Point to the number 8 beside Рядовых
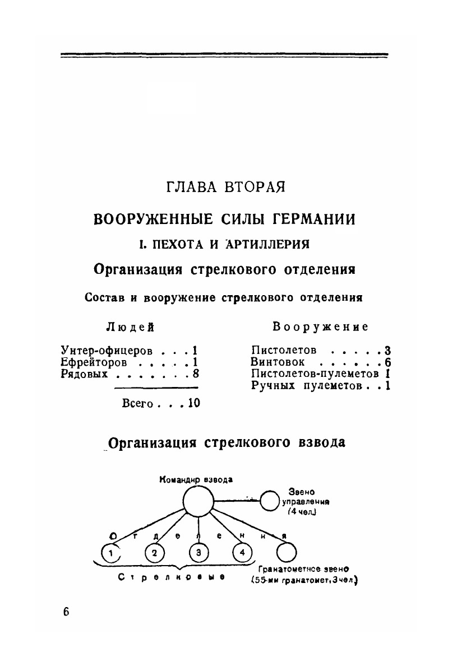coord(196,375)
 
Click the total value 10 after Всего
coord(194,403)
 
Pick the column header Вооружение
coord(320,327)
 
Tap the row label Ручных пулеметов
coord(306,386)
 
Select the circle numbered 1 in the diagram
coord(112,554)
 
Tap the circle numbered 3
coord(198,553)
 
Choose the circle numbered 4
coord(242,553)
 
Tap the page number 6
coord(66,611)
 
